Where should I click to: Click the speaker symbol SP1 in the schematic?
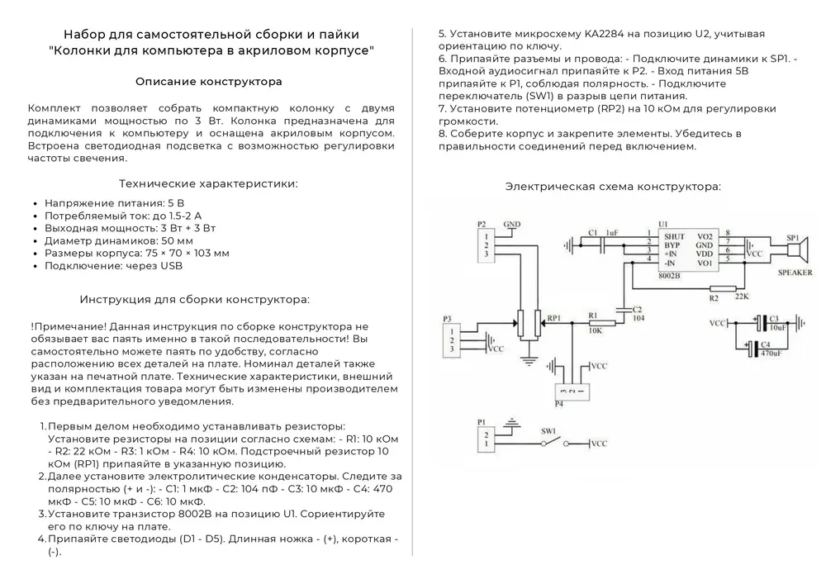[795, 249]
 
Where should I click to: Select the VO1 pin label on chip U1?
[705, 263]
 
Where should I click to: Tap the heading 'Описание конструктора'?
[209, 82]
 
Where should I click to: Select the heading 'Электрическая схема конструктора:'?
[613, 187]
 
